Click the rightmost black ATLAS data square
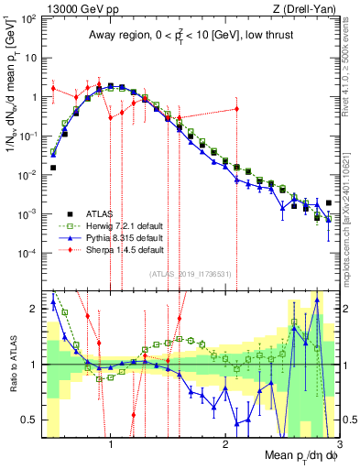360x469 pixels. point(328,202)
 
